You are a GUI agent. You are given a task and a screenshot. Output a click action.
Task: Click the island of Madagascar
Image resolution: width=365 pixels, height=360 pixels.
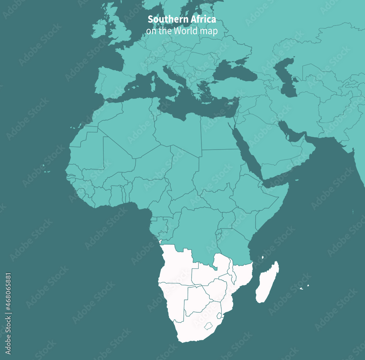coord(267,283)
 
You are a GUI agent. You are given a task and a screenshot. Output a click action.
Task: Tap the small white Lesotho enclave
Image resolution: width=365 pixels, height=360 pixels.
coord(208,326)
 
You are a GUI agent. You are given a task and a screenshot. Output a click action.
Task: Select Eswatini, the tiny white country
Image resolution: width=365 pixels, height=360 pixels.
coord(219,316)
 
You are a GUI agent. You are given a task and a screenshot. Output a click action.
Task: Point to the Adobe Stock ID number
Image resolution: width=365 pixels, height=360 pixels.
coord(8,314)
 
